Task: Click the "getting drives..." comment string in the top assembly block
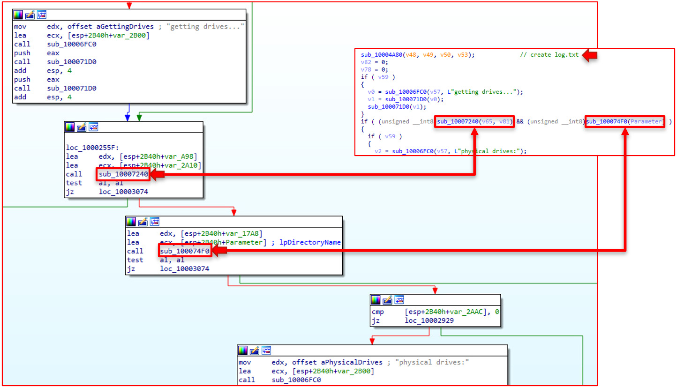[205, 27]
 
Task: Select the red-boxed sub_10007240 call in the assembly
[123, 174]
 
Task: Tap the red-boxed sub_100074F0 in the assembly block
[185, 251]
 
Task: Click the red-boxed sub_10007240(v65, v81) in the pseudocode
[474, 121]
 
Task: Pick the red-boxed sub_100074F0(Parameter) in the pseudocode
[624, 121]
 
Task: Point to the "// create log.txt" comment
[549, 55]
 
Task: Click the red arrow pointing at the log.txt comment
[590, 55]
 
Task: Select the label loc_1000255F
[92, 148]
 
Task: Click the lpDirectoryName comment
[310, 242]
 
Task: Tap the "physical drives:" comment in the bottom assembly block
[432, 362]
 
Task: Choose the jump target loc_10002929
[429, 320]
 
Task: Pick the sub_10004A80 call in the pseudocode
[382, 55]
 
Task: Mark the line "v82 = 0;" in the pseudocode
[375, 62]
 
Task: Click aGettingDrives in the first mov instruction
[125, 27]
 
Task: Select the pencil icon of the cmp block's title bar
[387, 300]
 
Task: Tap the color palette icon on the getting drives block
[18, 15]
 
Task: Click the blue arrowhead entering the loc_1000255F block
[128, 118]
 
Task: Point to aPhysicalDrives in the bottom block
[352, 362]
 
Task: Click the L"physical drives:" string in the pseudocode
[487, 151]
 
